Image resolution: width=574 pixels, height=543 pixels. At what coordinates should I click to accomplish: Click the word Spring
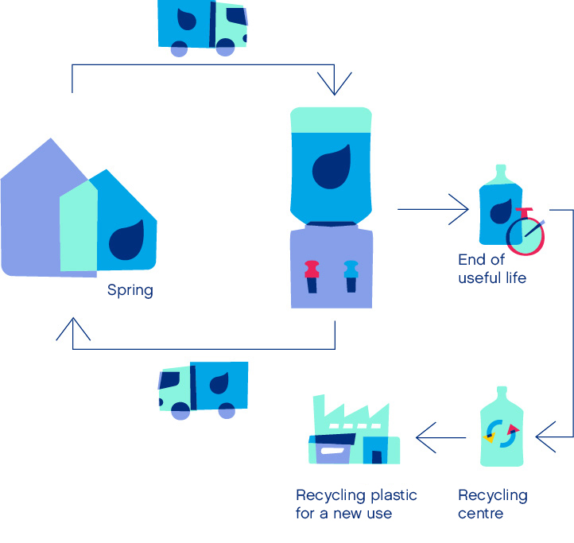pyautogui.click(x=130, y=291)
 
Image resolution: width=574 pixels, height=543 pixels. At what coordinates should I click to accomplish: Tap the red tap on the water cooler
pyautogui.click(x=312, y=276)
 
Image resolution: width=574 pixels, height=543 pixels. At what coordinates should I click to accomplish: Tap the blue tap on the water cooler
pyautogui.click(x=351, y=276)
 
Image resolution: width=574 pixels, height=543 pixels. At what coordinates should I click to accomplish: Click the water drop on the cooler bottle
pyautogui.click(x=332, y=167)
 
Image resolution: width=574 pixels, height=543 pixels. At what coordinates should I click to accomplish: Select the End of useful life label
pyautogui.click(x=492, y=269)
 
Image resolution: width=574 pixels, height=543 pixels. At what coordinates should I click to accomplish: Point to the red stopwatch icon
pyautogui.click(x=526, y=232)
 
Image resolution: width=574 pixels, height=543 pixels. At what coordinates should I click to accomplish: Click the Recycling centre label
pyautogui.click(x=493, y=504)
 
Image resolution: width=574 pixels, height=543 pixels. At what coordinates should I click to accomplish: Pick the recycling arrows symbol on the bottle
pyautogui.click(x=502, y=434)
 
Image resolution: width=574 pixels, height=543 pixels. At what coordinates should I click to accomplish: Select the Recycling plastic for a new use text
pyautogui.click(x=356, y=504)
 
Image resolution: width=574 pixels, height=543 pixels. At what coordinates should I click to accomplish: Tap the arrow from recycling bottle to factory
pyautogui.click(x=440, y=437)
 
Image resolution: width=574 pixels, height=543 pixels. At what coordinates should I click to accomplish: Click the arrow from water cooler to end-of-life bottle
pyautogui.click(x=433, y=209)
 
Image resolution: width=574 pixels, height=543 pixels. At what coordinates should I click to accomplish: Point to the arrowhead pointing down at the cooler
pyautogui.click(x=334, y=83)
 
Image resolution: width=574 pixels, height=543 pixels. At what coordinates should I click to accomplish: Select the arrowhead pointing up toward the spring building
pyautogui.click(x=73, y=329)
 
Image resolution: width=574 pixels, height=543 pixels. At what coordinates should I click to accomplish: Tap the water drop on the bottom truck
pyautogui.click(x=219, y=383)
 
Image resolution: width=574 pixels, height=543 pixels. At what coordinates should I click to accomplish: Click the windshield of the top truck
pyautogui.click(x=236, y=16)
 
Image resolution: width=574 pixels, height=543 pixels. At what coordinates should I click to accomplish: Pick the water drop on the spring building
pyautogui.click(x=126, y=240)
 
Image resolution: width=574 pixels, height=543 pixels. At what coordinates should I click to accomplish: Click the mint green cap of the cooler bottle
pyautogui.click(x=331, y=120)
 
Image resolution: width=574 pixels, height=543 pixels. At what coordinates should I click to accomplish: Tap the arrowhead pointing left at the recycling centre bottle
pyautogui.click(x=546, y=436)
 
